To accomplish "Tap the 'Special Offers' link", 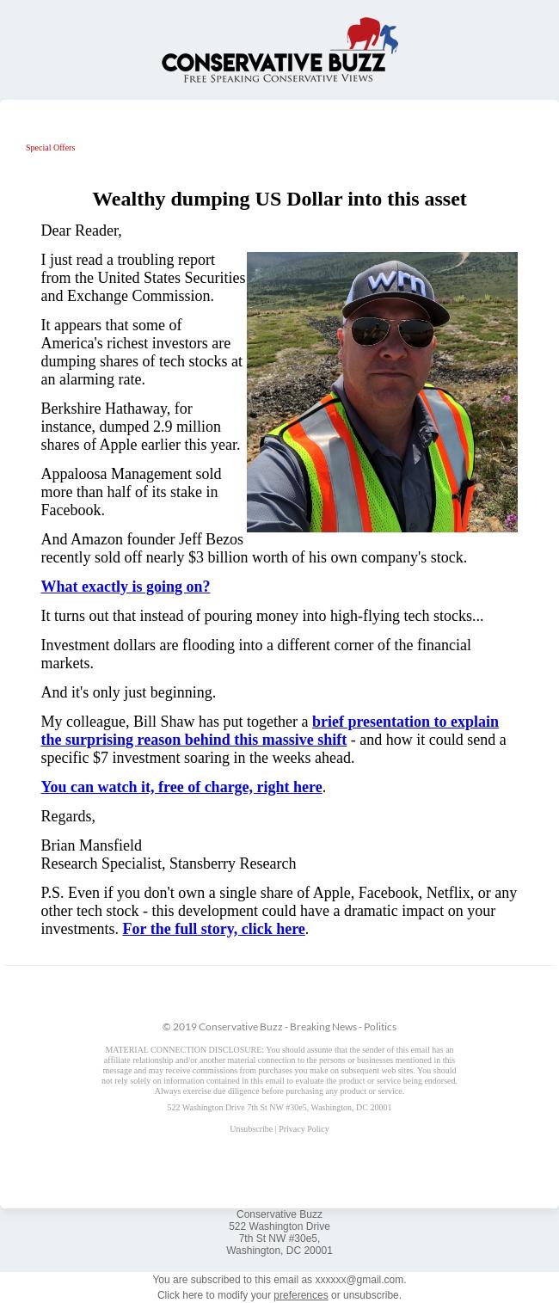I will coord(50,148).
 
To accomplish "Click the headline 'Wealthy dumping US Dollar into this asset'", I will coord(279,199).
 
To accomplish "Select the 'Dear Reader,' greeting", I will coord(81,230).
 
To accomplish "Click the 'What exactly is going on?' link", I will coord(125,587).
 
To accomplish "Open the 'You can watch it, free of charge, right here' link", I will coord(181,787).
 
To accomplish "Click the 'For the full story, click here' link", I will coord(213,929).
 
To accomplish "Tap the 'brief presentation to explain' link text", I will coord(405,722).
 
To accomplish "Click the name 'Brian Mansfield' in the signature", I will coord(91,845).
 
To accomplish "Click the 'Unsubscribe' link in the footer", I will coord(250,1129).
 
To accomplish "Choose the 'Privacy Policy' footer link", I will coord(304,1129).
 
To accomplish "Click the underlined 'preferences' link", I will coord(300,1295).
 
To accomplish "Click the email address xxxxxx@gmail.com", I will coord(359,1280).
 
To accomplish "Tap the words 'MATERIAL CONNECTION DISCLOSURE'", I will coord(184,1050).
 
